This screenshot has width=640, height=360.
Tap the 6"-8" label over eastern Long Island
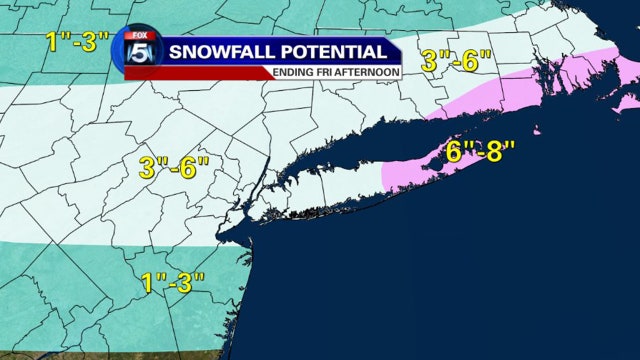click(x=480, y=152)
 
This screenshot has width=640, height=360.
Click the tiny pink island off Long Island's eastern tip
click(x=537, y=131)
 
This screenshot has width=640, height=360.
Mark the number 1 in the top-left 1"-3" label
click(x=50, y=42)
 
